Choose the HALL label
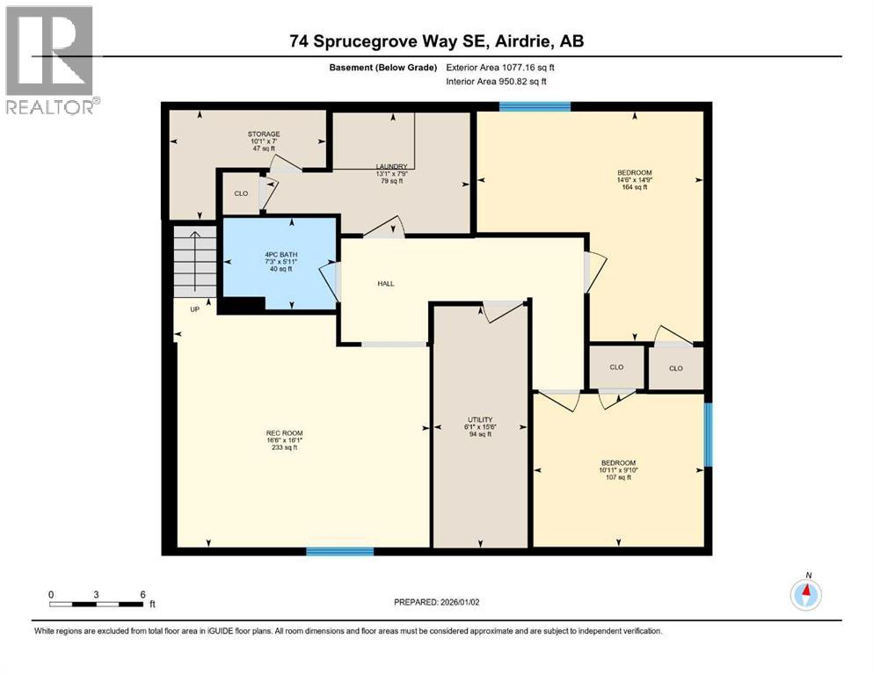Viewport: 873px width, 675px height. tap(386, 284)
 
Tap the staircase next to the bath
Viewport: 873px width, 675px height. tap(194, 261)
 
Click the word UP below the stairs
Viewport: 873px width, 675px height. tap(194, 309)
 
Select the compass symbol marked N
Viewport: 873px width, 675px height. tap(806, 594)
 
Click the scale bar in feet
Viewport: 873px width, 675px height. tap(97, 602)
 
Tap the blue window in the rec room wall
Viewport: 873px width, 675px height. tap(339, 551)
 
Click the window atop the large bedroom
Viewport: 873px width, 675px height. tap(535, 106)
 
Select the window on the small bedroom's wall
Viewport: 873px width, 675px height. tap(708, 434)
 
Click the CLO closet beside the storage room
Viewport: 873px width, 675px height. tap(240, 193)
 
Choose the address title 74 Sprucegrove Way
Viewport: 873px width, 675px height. tap(436, 41)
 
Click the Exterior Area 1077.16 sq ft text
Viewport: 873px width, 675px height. tap(500, 67)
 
